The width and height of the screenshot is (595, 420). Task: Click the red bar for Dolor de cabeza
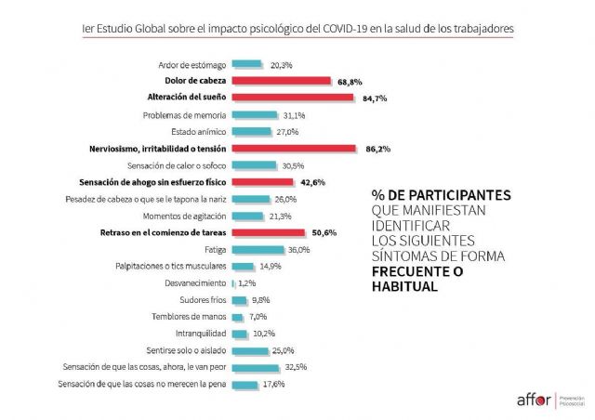tap(282, 81)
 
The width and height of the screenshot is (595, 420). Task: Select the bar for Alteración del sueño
tap(292, 98)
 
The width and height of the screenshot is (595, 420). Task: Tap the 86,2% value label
tap(374, 149)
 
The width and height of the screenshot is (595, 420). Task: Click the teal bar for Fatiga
tap(258, 250)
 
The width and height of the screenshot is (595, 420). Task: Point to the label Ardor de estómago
tap(192, 65)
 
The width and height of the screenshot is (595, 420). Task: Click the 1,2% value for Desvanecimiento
tap(246, 283)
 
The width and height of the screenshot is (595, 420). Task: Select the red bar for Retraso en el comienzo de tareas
tap(268, 233)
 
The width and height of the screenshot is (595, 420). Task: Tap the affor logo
tap(534, 400)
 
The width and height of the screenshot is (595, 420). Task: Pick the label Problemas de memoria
tap(185, 115)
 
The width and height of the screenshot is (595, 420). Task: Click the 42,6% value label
tap(312, 183)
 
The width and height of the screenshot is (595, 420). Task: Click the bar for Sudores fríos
tap(238, 300)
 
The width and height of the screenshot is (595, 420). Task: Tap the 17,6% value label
tap(271, 385)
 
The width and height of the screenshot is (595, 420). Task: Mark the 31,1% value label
tap(294, 115)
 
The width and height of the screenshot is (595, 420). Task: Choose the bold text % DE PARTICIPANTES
tap(441, 196)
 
